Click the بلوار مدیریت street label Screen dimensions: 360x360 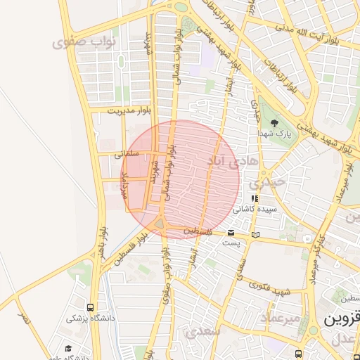coord(129,110)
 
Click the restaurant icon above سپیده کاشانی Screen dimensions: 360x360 coord(255,199)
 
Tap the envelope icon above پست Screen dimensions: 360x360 coord(231,233)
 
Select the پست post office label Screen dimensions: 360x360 coord(231,243)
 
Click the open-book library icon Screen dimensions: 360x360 coord(255,233)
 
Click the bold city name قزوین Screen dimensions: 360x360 coord(342,319)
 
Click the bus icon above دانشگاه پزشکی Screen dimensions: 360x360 coord(90,307)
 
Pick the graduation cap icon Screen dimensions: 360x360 coord(68,349)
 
